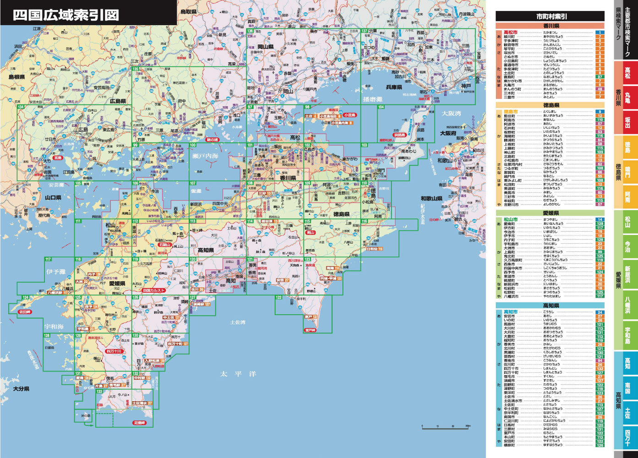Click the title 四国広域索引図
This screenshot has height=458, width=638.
coord(65,15)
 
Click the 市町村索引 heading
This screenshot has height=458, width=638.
coord(550,16)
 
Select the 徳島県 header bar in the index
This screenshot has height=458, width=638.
coord(550,105)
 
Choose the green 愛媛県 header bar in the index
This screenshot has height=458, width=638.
coord(550,213)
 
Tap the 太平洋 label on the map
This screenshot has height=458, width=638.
coord(232,374)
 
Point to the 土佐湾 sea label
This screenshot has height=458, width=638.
coord(238,322)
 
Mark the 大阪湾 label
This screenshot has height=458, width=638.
coord(451,113)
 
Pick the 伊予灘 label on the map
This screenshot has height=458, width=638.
coord(55,272)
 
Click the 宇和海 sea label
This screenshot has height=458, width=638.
coord(54,327)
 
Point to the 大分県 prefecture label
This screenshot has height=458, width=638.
coord(21,389)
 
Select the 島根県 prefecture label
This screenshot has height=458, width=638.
coord(16,77)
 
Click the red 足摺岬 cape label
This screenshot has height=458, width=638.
coord(139,423)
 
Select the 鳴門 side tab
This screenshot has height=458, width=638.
coord(627,171)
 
